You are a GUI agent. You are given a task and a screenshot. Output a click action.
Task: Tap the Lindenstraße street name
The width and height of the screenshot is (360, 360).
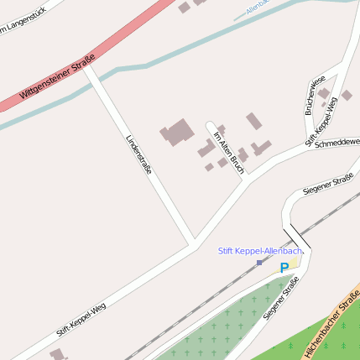point(139,154)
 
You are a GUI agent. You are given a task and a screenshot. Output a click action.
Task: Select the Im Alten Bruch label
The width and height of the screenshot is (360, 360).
point(228,152)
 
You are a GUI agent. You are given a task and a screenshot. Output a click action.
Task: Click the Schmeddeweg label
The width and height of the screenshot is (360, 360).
point(337,143)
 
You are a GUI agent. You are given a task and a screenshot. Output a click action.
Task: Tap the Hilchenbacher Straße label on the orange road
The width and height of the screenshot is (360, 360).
point(332,322)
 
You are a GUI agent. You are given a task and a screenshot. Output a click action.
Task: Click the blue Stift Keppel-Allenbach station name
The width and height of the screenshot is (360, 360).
point(259,250)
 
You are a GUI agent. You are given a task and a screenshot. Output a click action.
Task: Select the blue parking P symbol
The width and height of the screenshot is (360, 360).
point(284,268)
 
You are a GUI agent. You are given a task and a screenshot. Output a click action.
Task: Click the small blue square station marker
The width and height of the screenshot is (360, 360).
point(259,263)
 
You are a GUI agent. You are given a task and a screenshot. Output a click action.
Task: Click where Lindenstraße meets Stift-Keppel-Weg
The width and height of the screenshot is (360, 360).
point(195,243)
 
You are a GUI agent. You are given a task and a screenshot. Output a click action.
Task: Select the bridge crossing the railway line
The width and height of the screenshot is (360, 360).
point(296,237)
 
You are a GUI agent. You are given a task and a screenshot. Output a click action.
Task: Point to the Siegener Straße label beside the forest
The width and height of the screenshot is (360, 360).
point(280,298)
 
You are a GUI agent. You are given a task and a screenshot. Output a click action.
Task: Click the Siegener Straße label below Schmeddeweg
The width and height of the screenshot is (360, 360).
point(327,184)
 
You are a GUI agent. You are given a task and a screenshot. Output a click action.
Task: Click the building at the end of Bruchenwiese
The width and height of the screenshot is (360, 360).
point(324,91)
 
